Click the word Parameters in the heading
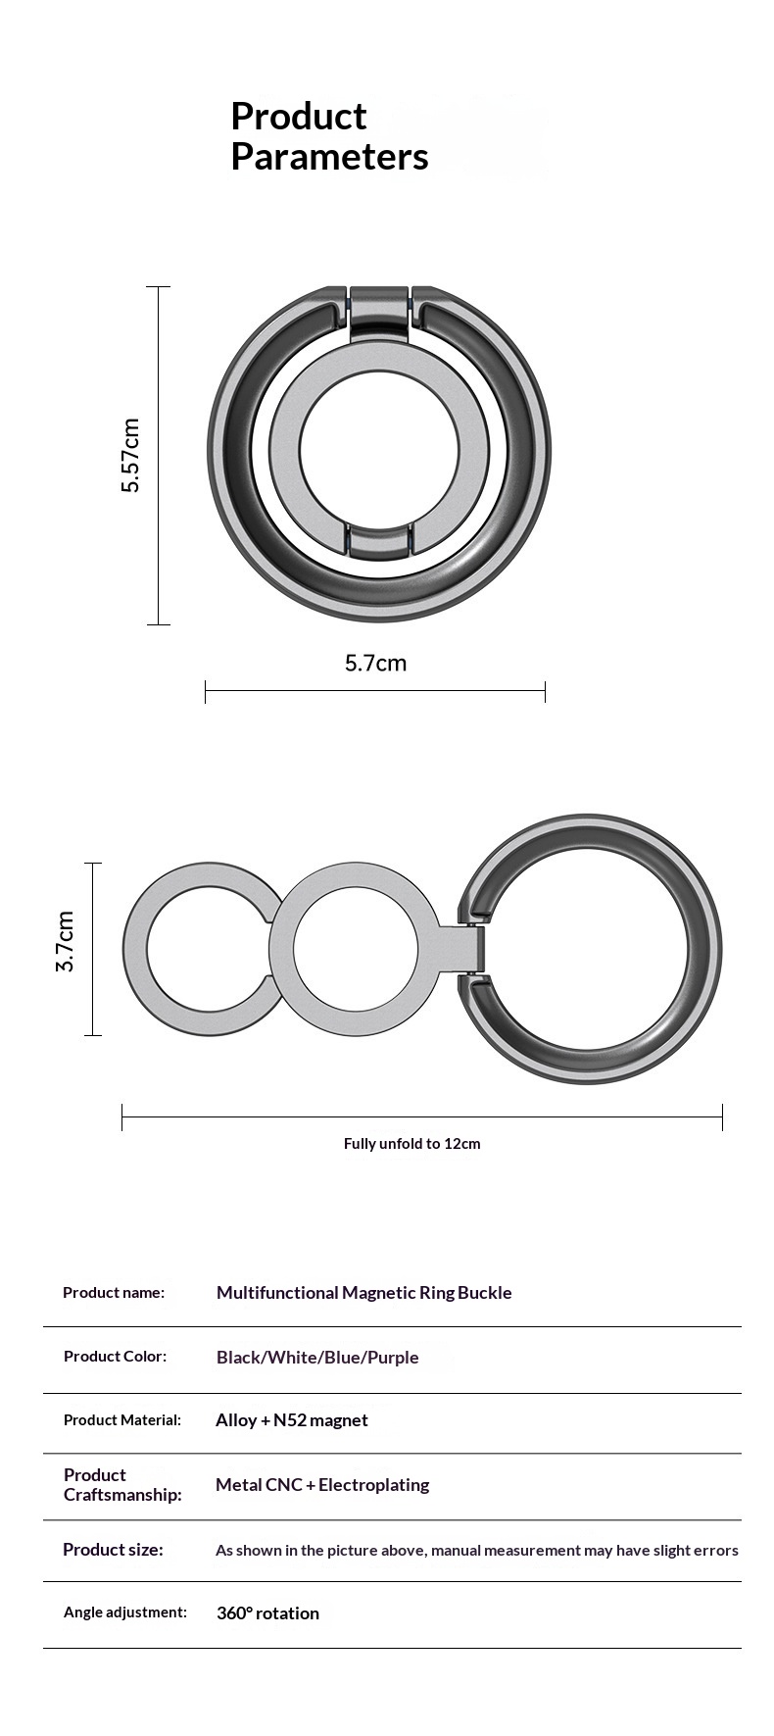pyautogui.click(x=329, y=157)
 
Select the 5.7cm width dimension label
pyautogui.click(x=375, y=663)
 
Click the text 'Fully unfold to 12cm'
pyautogui.click(x=412, y=1144)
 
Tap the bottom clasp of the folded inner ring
pyautogui.click(x=379, y=541)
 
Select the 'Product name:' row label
pyautogui.click(x=114, y=1292)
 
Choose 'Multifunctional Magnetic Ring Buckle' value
pyautogui.click(x=364, y=1293)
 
